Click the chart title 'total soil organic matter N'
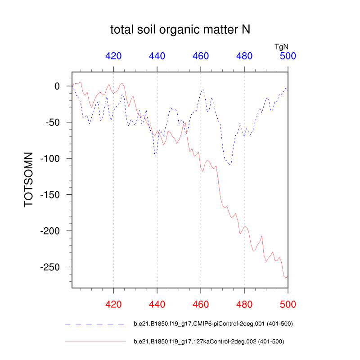[180, 30]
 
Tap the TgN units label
[282, 46]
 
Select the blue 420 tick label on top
[113, 56]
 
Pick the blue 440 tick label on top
[157, 56]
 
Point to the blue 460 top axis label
[201, 56]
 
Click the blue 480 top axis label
[244, 56]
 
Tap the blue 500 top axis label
[288, 56]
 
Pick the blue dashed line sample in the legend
[94, 324]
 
